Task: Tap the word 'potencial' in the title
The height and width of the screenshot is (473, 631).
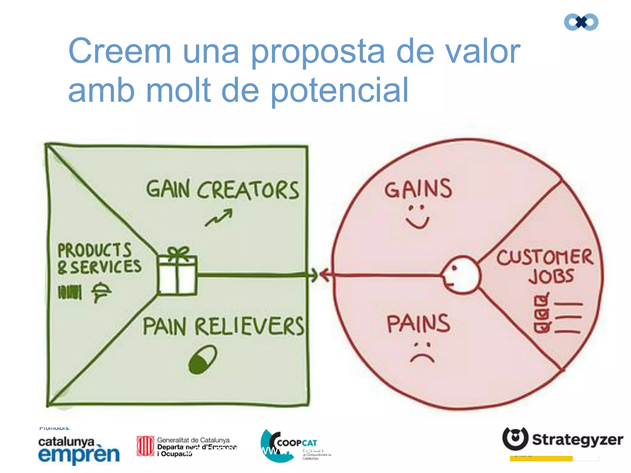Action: click(x=339, y=91)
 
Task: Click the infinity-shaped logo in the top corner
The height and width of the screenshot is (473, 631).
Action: click(x=581, y=22)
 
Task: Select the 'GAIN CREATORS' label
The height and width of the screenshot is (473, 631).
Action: click(x=222, y=189)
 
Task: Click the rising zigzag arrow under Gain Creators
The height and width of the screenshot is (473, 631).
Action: click(x=219, y=218)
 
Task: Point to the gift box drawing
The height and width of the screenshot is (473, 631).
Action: click(x=177, y=275)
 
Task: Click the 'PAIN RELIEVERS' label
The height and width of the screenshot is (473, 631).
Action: click(x=223, y=326)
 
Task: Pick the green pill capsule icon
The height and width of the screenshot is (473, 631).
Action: click(x=203, y=359)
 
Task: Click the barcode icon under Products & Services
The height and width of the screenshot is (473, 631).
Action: click(x=70, y=292)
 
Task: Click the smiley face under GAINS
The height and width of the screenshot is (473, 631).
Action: click(x=417, y=217)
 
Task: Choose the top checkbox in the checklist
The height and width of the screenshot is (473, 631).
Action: click(x=541, y=300)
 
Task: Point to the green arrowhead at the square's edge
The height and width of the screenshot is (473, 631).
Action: click(x=313, y=275)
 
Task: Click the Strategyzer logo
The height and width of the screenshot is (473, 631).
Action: click(x=563, y=439)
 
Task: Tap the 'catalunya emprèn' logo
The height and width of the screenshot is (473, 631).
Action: click(x=79, y=450)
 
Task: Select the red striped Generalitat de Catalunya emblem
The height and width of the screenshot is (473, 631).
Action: click(x=145, y=446)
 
